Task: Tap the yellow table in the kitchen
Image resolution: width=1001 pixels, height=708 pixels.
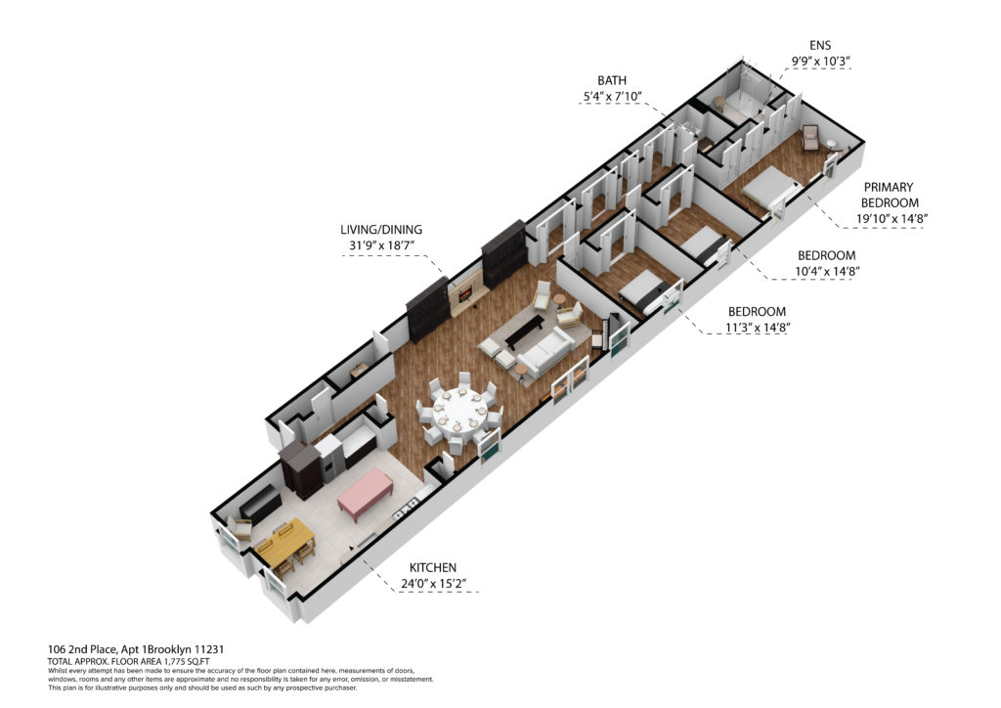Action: tap(284, 544)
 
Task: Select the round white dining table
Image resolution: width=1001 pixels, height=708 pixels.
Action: tap(459, 413)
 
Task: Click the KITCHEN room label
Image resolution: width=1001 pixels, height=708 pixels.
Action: tap(433, 567)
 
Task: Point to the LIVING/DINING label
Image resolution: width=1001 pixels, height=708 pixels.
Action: tap(381, 230)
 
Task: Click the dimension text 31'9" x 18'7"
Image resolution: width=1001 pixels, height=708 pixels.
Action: tap(381, 245)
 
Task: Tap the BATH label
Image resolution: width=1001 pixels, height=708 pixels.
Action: tap(612, 80)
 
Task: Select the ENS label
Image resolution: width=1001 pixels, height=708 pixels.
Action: tap(820, 45)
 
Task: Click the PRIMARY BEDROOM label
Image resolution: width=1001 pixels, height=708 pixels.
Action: tap(890, 195)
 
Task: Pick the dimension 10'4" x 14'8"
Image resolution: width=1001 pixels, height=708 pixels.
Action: tap(827, 271)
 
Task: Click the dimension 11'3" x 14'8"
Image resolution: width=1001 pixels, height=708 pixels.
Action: tap(758, 329)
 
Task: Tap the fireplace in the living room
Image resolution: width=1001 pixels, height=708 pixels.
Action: tap(463, 292)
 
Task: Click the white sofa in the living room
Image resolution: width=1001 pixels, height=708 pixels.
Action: tap(544, 350)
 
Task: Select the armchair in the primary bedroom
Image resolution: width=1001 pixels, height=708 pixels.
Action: tap(810, 137)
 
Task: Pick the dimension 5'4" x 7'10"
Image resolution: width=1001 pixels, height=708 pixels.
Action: tap(611, 97)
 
